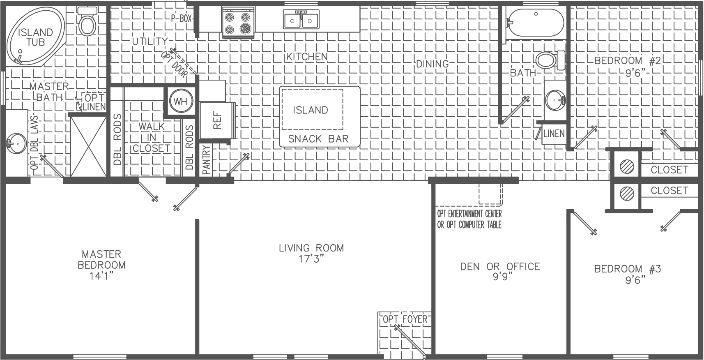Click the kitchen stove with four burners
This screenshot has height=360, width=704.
pyautogui.click(x=238, y=23)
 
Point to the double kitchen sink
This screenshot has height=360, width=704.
pyautogui.click(x=301, y=20)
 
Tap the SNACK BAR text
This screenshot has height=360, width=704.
pyautogui.click(x=318, y=139)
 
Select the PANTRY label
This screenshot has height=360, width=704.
pyautogui.click(x=206, y=160)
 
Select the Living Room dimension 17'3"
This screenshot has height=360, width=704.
pyautogui.click(x=311, y=259)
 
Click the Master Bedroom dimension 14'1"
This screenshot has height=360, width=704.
pyautogui.click(x=101, y=276)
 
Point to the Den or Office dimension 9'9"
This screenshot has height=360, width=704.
pyautogui.click(x=500, y=277)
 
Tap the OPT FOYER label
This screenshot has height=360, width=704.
pyautogui.click(x=405, y=319)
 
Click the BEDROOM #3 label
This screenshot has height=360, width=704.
pyautogui.click(x=627, y=269)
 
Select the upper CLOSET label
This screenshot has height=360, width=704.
pyautogui.click(x=669, y=169)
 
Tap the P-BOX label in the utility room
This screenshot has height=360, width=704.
pyautogui.click(x=182, y=18)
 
